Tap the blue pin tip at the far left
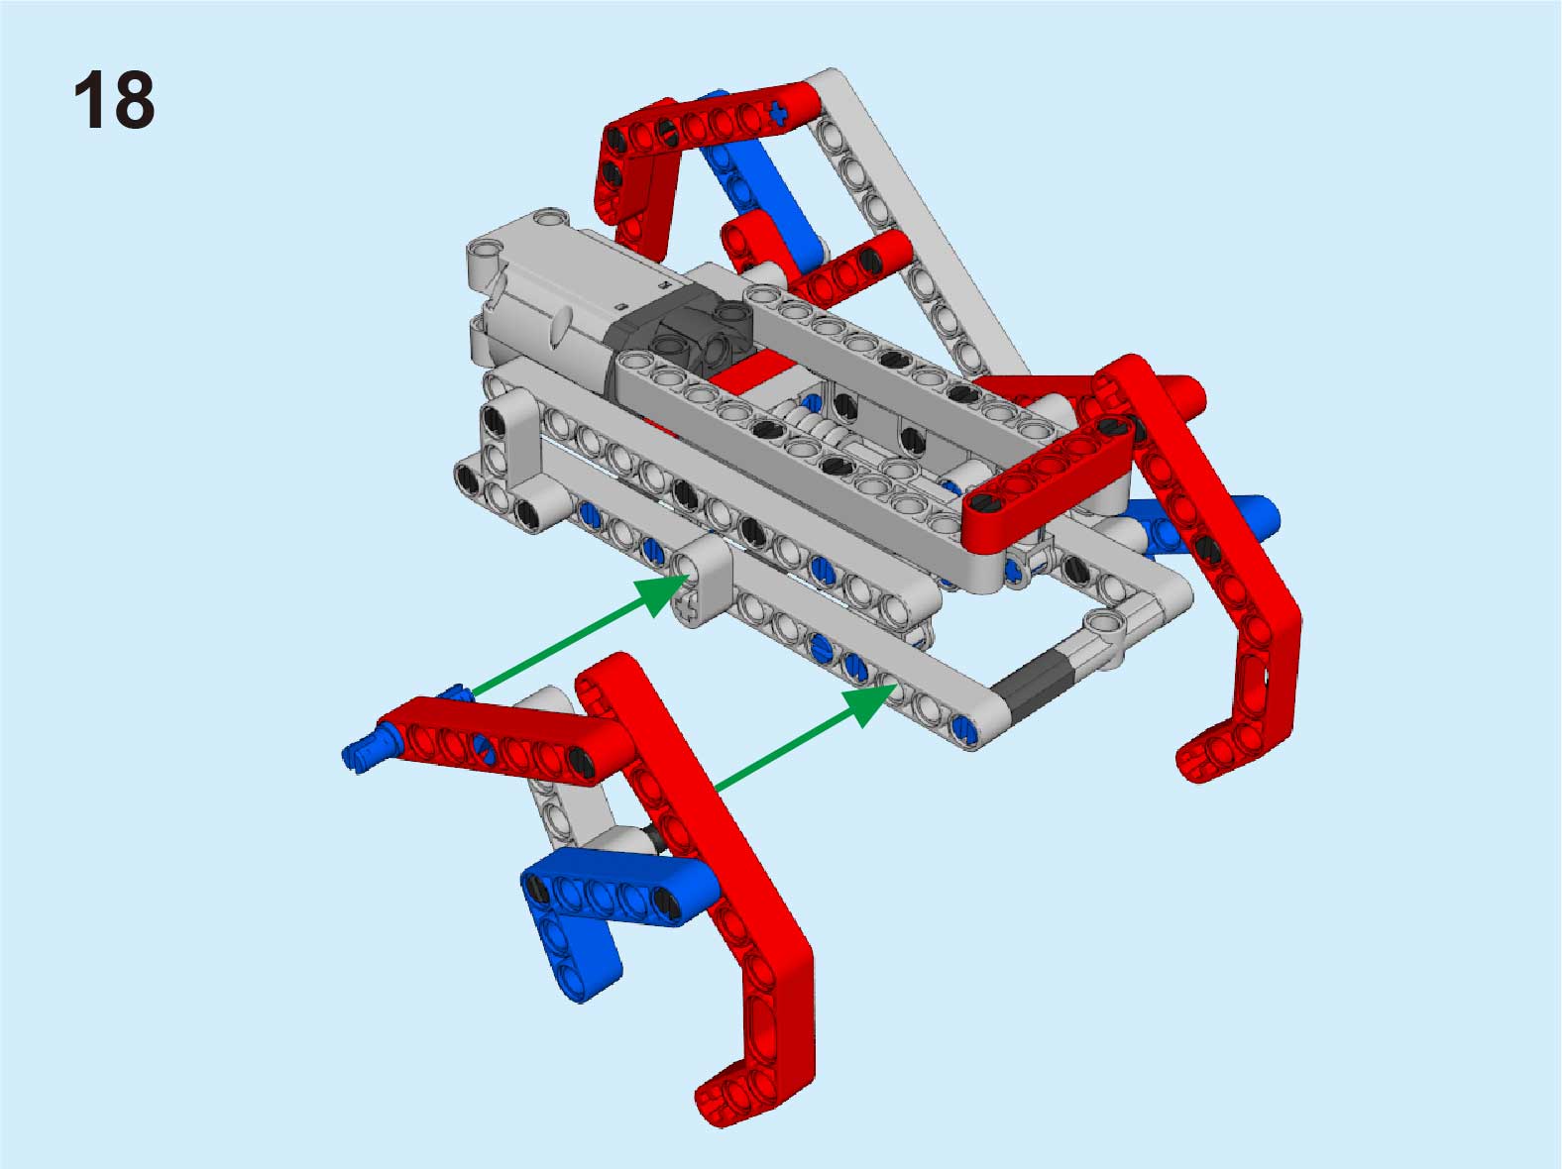click(360, 755)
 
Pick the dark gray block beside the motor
click(676, 334)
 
